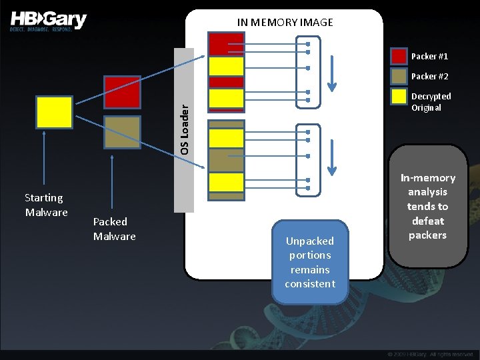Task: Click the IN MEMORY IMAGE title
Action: pos(285,23)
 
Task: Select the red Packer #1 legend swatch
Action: pos(399,56)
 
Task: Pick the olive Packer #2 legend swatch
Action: pos(399,76)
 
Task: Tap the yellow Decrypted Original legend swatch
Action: pos(399,97)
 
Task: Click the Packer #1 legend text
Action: pos(429,56)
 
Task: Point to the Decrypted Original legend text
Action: pos(431,102)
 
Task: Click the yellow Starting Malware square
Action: pos(54,112)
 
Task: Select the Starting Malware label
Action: pos(46,205)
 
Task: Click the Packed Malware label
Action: pos(114,229)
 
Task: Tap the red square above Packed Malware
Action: pos(122,92)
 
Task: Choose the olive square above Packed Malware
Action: pos(122,132)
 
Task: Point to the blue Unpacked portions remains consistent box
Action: pos(310,262)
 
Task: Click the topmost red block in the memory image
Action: pos(227,44)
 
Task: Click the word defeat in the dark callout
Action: pos(427,221)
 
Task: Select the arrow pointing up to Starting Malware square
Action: pos(44,160)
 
